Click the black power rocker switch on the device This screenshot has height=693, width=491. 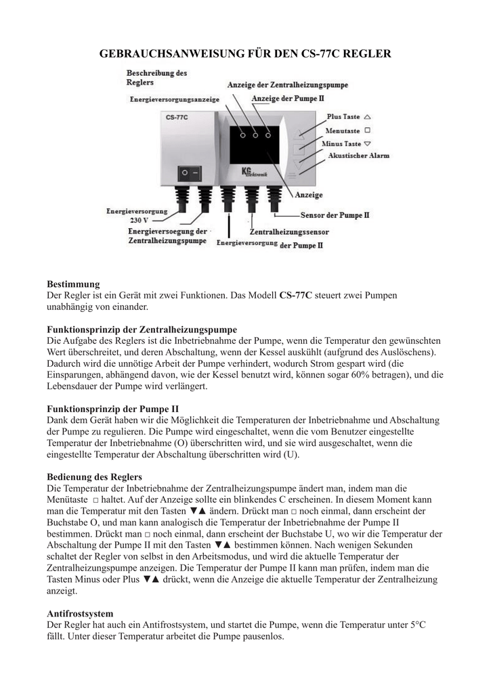pos(190,173)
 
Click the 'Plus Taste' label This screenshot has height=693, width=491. pos(343,116)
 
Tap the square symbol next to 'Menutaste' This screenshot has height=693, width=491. pos(367,130)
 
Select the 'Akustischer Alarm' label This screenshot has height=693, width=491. pos(358,156)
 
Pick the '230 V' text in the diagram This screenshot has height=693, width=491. pos(139,220)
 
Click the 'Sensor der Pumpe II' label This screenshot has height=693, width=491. pos(335,215)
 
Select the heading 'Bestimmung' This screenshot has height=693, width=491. pos(73,284)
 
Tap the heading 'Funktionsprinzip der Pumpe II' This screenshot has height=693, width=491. pos(112,409)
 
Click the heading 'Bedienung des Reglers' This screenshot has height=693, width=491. pos(94,476)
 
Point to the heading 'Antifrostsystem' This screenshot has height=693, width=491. pos(80,613)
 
